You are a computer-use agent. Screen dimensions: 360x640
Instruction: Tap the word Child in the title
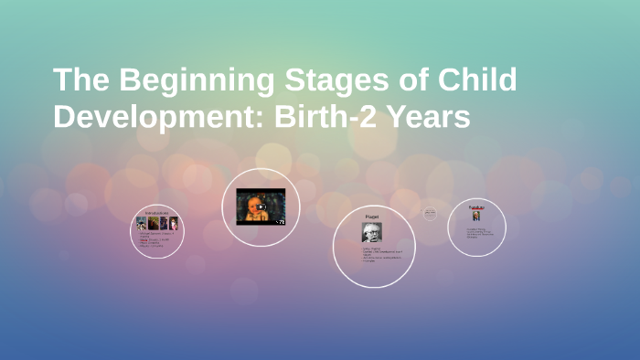click(475, 80)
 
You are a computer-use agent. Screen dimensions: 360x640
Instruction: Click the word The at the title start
click(80, 80)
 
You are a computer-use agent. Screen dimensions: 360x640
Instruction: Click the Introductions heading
click(157, 212)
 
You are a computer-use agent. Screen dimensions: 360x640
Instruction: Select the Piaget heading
click(372, 216)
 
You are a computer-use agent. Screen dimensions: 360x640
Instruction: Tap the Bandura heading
click(476, 207)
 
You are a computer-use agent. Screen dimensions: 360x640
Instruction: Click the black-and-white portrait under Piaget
click(371, 232)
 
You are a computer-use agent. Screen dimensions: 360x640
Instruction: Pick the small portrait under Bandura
click(476, 217)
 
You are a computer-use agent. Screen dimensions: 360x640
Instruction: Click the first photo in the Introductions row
click(142, 223)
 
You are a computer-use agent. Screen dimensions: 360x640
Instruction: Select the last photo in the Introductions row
click(175, 223)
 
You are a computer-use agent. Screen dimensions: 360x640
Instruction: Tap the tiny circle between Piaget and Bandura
click(430, 214)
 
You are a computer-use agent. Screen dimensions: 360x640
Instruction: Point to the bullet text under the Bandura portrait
click(478, 233)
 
